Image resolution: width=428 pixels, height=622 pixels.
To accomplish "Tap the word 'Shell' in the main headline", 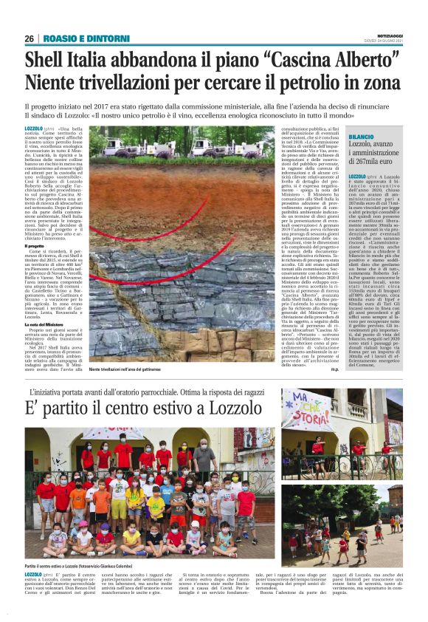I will point(44,58).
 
